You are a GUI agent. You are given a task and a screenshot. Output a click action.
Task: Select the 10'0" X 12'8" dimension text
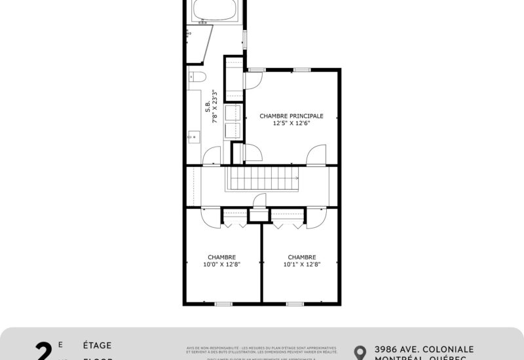pos(222,264)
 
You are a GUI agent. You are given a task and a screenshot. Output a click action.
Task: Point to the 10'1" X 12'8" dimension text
pos(302,264)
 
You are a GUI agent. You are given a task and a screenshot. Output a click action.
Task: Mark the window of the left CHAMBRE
pos(223,303)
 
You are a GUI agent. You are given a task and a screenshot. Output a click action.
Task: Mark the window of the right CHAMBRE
pos(295,303)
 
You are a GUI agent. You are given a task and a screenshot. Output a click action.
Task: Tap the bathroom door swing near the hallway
pos(213,156)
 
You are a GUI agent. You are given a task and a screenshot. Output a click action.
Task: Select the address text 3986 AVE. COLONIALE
pos(424,350)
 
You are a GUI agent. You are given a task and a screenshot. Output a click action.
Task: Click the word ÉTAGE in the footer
pos(98,345)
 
